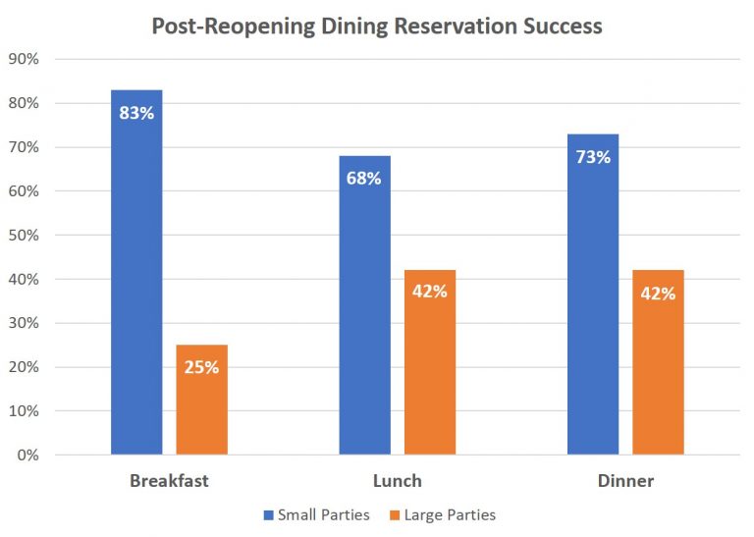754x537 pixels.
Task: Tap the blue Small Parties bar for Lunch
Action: [x=365, y=314]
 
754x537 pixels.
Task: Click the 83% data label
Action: [x=136, y=113]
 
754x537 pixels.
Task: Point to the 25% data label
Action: [x=201, y=367]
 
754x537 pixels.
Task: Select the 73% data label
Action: [x=593, y=157]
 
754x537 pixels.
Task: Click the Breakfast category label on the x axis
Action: [x=169, y=481]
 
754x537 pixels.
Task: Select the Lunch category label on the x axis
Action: [x=398, y=481]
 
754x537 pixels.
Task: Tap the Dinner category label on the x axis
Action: [x=625, y=481]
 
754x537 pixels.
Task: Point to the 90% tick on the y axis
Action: [x=23, y=59]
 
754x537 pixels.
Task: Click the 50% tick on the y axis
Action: [x=23, y=236]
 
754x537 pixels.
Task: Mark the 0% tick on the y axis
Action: [x=27, y=456]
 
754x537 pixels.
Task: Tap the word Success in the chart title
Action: [x=563, y=26]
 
